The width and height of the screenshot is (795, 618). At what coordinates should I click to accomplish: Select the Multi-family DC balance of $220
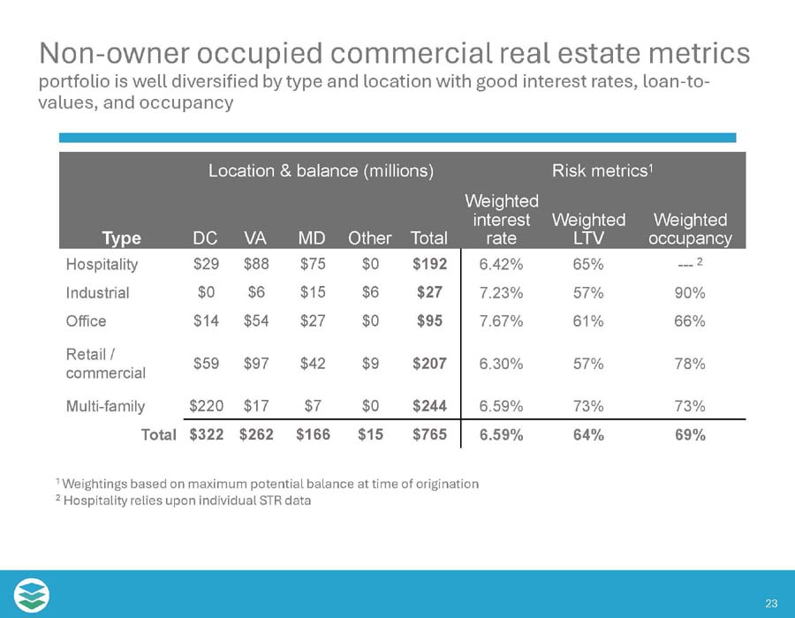207,406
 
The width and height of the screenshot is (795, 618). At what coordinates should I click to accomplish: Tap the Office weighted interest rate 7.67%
502,321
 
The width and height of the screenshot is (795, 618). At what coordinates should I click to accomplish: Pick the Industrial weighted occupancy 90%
689,292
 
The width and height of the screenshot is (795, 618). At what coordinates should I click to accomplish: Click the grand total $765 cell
430,435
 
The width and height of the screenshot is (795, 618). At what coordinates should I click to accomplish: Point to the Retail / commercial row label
105,364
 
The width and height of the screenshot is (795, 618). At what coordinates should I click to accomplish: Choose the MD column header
311,238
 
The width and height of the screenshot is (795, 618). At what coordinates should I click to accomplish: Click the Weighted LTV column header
588,229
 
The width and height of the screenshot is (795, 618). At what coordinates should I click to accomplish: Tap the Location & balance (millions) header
321,171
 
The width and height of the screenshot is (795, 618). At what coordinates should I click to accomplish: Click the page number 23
771,604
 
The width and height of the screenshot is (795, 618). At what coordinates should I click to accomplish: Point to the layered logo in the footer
32,594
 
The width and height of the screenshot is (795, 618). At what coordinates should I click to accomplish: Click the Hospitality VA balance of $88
256,264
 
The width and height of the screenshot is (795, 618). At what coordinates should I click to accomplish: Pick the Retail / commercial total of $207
430,363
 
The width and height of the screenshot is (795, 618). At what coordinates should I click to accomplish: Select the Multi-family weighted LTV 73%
588,406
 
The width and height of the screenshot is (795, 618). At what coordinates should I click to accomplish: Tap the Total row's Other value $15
370,435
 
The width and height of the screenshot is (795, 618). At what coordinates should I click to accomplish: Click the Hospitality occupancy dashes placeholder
685,264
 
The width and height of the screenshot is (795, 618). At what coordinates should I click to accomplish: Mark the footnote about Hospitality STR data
183,501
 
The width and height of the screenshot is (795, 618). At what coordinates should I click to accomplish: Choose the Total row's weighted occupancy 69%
689,435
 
